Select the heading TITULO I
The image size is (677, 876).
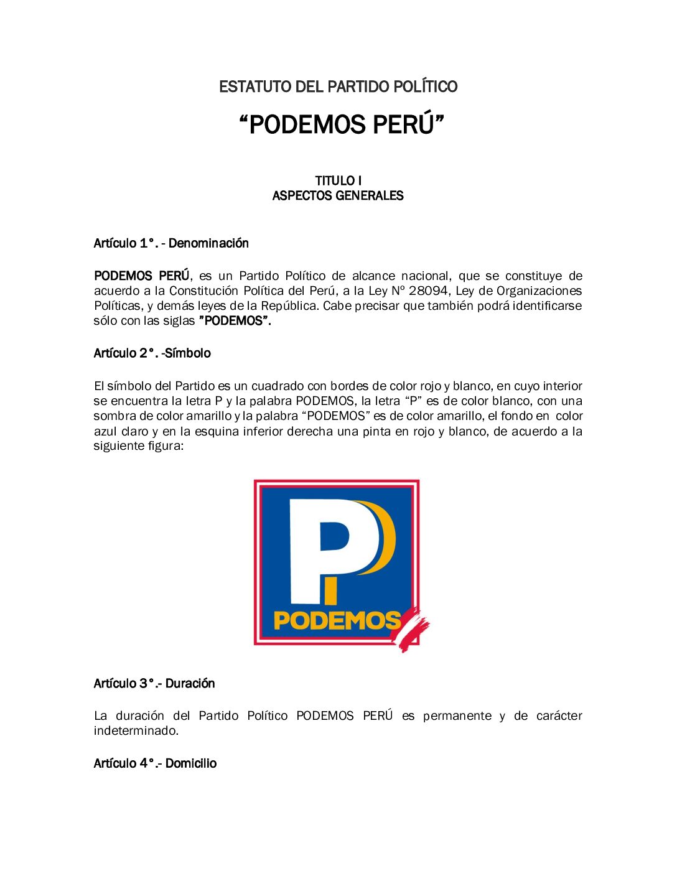click(338, 180)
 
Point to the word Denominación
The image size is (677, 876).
click(208, 243)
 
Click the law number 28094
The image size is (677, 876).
click(428, 291)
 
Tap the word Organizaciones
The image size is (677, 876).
click(539, 291)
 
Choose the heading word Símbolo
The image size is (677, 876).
click(188, 353)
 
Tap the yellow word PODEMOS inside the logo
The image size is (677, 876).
click(337, 620)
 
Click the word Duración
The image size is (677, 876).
click(190, 683)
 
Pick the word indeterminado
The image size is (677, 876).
click(136, 730)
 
